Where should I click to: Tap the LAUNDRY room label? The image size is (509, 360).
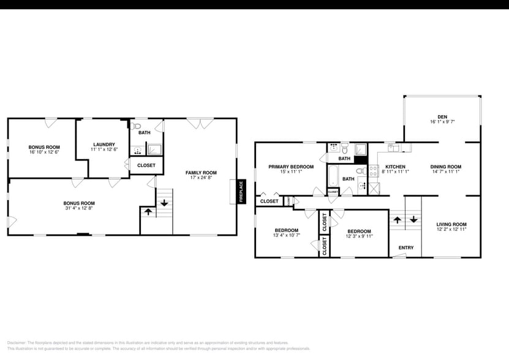[x=104, y=144]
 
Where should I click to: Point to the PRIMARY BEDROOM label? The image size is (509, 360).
[x=291, y=167]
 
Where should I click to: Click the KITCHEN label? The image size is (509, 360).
[x=395, y=167]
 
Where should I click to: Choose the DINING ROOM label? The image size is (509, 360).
[x=445, y=167]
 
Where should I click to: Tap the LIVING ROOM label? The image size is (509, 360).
[x=451, y=224]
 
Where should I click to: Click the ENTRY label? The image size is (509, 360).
[x=405, y=248]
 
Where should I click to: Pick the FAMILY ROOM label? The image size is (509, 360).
[x=201, y=173]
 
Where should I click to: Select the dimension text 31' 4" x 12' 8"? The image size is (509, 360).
[x=80, y=209]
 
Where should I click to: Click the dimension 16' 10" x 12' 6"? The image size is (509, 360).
[x=44, y=152]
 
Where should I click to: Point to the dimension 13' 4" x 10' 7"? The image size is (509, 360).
[x=286, y=236]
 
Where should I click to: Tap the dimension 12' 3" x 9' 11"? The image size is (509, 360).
[x=360, y=236]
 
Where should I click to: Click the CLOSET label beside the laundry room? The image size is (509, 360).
[x=146, y=165]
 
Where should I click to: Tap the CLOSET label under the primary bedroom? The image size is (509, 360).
[x=270, y=201]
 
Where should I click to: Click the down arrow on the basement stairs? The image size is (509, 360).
[x=164, y=203]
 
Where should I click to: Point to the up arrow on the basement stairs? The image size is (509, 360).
[x=148, y=212]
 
